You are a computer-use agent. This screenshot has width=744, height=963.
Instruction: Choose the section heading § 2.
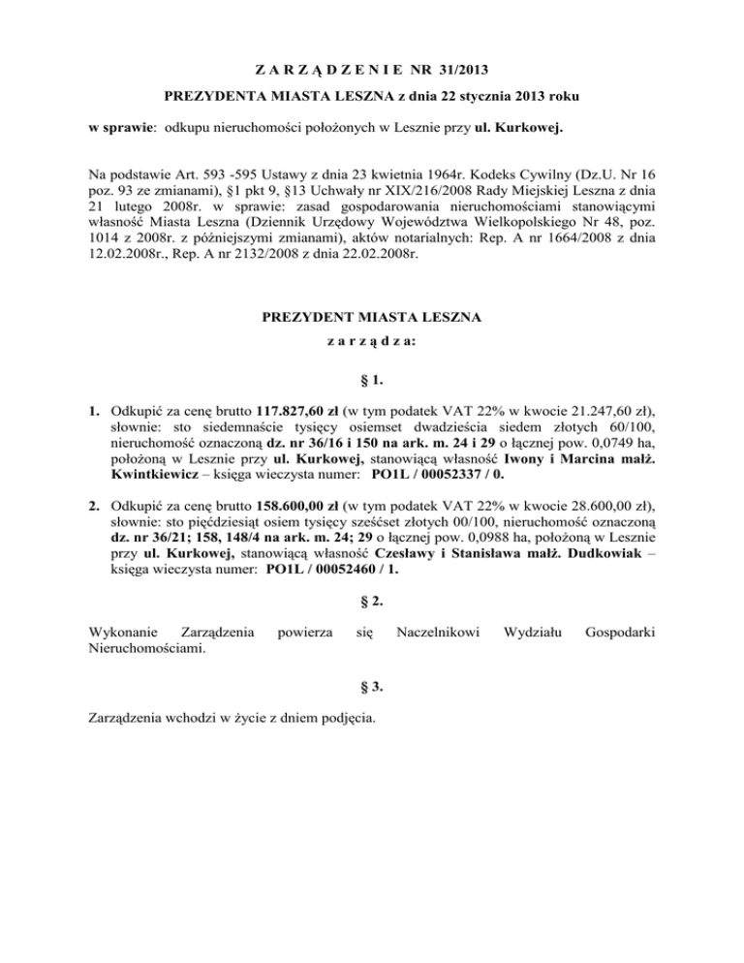coord(372,601)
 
